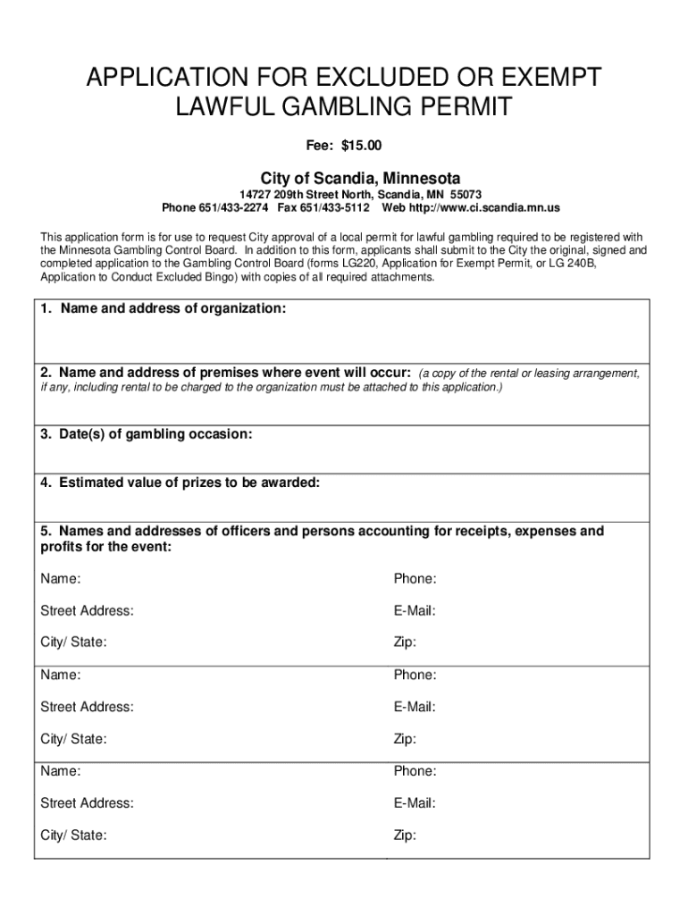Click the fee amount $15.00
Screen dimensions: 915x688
coord(365,145)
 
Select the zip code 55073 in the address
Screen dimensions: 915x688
coord(466,194)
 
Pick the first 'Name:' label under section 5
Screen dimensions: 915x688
coord(60,579)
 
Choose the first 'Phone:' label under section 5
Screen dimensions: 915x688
coord(415,579)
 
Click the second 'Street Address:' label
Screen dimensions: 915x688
coord(87,707)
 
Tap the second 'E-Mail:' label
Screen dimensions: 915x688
coord(415,707)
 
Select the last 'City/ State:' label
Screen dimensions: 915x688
coord(73,835)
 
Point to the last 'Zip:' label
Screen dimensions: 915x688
coord(405,835)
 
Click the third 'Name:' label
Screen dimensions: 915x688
coord(60,771)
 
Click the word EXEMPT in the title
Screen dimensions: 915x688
coord(542,79)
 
